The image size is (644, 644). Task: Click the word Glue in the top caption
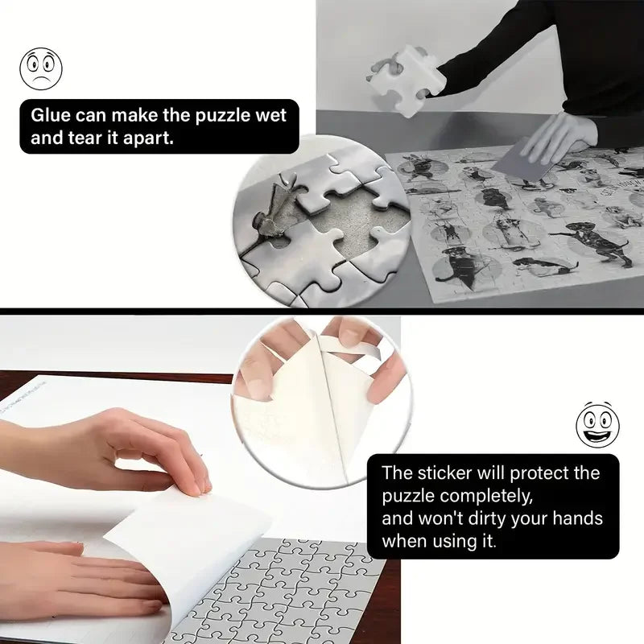(53, 114)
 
